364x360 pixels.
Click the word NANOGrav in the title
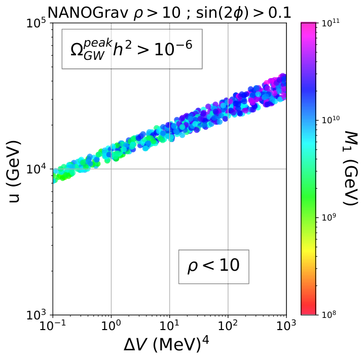point(88,13)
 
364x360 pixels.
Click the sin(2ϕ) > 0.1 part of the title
point(243,13)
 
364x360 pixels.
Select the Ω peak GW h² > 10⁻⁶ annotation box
point(132,49)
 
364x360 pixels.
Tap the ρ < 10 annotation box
point(213,267)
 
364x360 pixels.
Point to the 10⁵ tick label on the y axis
point(37,23)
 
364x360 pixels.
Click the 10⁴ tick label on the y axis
point(37,169)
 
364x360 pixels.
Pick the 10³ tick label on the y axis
point(37,315)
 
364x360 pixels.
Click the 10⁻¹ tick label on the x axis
point(53,326)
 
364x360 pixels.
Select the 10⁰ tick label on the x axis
point(111,326)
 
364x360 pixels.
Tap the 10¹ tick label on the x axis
point(169,326)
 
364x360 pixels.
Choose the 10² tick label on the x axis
point(228,326)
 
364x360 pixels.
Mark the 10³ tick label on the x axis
point(286,326)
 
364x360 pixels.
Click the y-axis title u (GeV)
point(15,171)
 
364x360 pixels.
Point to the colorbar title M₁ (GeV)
point(350,168)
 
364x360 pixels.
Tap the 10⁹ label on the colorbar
point(329,218)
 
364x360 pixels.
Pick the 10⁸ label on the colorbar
point(329,315)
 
